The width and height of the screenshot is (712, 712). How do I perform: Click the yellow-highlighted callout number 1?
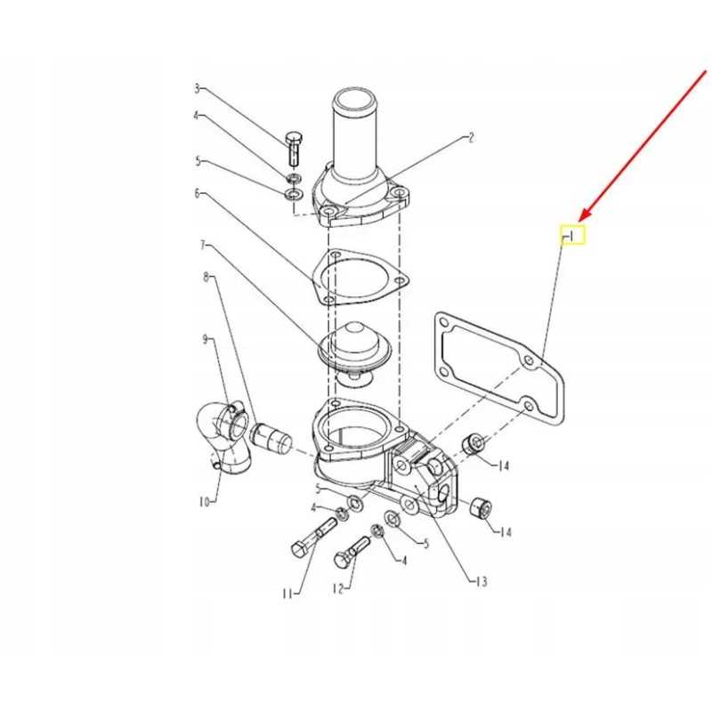[571, 236]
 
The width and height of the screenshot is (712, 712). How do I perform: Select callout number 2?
[471, 137]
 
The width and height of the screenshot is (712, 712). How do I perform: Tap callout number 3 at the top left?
[197, 88]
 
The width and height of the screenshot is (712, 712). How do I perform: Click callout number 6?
[197, 193]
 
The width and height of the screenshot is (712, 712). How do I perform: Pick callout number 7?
[203, 246]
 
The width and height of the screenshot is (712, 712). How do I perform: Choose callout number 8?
[206, 277]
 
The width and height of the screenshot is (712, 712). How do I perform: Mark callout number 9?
[206, 339]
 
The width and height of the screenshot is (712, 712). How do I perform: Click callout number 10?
[204, 502]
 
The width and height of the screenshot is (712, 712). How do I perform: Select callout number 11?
[287, 594]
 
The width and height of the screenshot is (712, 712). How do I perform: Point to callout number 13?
[481, 582]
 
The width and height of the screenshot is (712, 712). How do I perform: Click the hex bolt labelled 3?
[295, 149]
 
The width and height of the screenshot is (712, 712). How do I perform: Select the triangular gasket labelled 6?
[361, 277]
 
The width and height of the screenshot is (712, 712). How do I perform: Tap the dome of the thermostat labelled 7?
[354, 338]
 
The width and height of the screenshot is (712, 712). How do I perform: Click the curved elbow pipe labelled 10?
[223, 438]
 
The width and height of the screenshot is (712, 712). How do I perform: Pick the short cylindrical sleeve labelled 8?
[271, 436]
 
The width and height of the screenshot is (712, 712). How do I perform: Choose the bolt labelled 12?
[352, 552]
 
